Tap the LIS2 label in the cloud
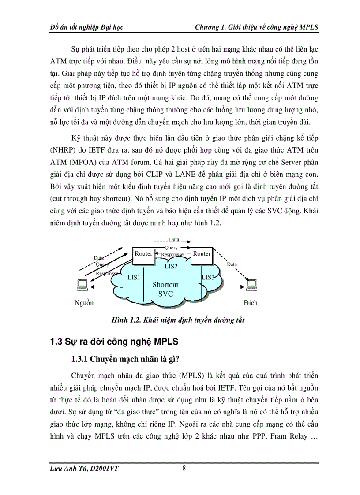pyautogui.click(x=171, y=266)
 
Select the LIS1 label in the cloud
pyautogui.click(x=134, y=277)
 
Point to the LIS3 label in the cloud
pyautogui.click(x=208, y=277)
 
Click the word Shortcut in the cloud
pyautogui.click(x=165, y=285)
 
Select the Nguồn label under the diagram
pyautogui.click(x=84, y=303)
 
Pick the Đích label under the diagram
pyautogui.click(x=250, y=303)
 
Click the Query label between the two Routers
pyautogui.click(x=171, y=248)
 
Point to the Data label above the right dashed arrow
pyautogui.click(x=232, y=264)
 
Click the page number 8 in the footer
pyautogui.click(x=184, y=469)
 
